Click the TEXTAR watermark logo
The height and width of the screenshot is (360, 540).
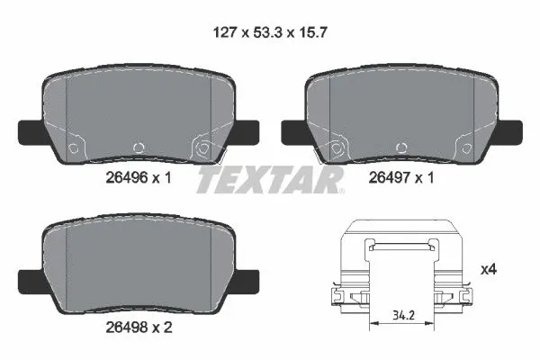[270, 180]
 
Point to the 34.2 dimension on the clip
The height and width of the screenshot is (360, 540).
[403, 317]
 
